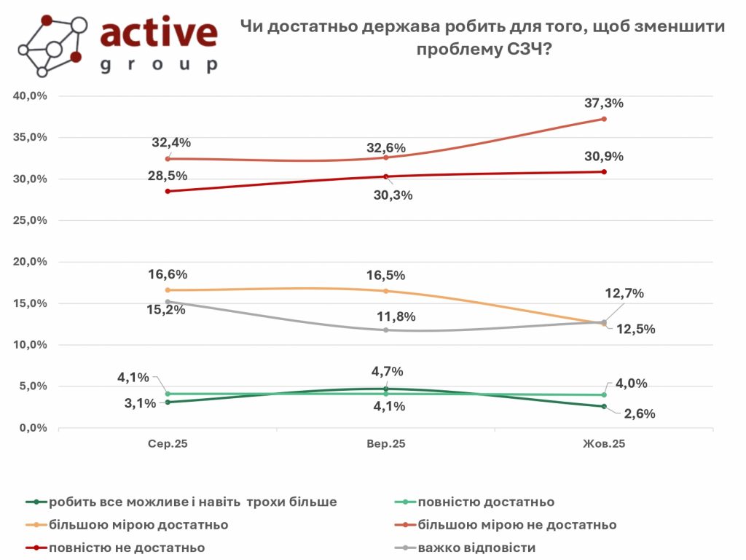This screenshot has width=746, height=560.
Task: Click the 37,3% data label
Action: [604, 104]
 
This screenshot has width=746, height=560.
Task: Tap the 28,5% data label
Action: [170, 176]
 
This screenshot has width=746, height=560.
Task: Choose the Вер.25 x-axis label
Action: [385, 444]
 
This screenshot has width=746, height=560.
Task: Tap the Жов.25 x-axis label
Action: [604, 444]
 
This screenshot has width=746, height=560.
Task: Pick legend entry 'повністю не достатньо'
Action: [127, 547]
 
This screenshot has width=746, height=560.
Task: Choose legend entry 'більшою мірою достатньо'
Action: [138, 524]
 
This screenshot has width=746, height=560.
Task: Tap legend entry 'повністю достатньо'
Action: [486, 502]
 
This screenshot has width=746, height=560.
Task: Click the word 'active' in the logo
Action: [158, 33]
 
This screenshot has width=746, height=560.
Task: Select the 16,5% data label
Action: [386, 276]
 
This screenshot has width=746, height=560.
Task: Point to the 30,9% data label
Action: [604, 156]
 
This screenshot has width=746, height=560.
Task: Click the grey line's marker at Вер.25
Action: [385, 330]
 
